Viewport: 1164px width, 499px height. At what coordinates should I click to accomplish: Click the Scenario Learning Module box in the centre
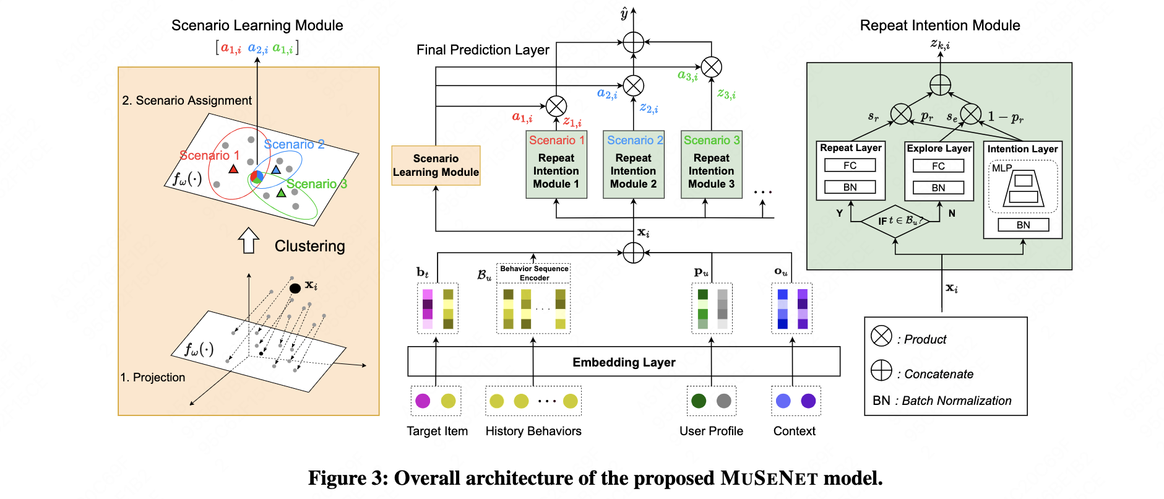(x=436, y=165)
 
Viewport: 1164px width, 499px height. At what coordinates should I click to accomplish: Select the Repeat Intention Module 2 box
(x=634, y=165)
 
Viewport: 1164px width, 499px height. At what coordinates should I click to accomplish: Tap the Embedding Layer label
(x=624, y=362)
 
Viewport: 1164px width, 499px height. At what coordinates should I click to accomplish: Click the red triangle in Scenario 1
(x=233, y=169)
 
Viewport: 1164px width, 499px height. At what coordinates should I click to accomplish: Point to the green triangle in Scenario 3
(x=281, y=193)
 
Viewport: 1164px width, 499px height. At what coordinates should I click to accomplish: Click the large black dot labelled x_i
(x=295, y=288)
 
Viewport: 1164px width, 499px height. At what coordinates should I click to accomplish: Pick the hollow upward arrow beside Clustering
(x=249, y=240)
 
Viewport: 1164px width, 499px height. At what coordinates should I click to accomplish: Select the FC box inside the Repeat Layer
(x=850, y=165)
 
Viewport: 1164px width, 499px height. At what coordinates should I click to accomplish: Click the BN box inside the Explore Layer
(x=938, y=188)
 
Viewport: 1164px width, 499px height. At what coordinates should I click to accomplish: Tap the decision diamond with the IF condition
(x=895, y=221)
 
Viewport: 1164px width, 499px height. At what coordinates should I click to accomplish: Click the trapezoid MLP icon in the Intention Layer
(x=1024, y=188)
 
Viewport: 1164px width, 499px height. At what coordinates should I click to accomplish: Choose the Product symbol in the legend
(x=881, y=336)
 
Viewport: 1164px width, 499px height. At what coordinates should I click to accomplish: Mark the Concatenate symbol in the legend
(x=881, y=370)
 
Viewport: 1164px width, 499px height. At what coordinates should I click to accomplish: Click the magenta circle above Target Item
(x=423, y=401)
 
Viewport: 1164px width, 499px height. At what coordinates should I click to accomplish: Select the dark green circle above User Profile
(x=699, y=401)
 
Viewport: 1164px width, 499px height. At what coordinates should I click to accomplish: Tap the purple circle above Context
(x=808, y=401)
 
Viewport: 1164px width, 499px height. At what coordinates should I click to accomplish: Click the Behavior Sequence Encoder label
(x=533, y=273)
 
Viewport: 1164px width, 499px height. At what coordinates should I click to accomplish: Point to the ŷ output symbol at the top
(x=624, y=14)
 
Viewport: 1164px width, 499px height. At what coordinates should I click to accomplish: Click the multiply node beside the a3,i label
(x=711, y=67)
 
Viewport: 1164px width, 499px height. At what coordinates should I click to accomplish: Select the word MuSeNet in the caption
(x=769, y=479)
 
